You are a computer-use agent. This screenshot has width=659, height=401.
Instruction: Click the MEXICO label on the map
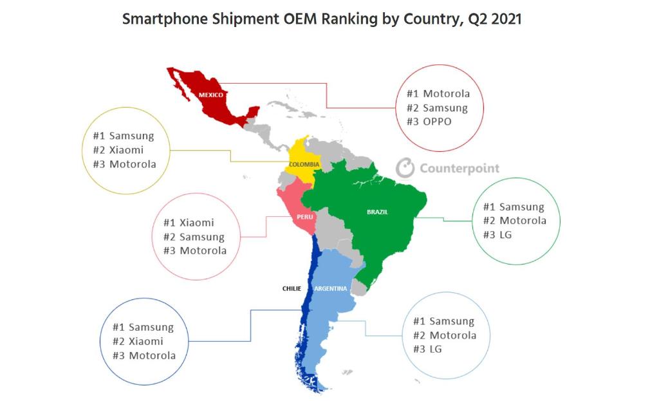click(x=210, y=95)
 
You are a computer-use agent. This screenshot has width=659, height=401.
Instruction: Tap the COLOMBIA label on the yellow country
click(x=304, y=165)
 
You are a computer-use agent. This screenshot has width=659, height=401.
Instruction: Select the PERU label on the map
click(x=304, y=217)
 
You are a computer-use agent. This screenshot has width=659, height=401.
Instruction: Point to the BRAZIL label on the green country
click(x=377, y=212)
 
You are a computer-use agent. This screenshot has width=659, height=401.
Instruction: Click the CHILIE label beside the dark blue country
click(x=292, y=288)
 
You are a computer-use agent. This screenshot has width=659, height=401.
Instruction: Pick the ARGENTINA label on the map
click(x=331, y=288)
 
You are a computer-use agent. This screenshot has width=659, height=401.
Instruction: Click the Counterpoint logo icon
click(x=405, y=168)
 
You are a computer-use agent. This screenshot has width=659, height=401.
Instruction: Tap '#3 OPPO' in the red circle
click(x=429, y=122)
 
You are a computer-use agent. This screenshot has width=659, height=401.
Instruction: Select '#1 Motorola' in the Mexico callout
click(x=438, y=94)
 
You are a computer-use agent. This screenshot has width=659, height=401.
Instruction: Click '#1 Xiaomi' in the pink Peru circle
click(x=189, y=223)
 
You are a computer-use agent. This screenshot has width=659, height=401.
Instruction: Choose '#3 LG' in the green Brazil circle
click(x=497, y=234)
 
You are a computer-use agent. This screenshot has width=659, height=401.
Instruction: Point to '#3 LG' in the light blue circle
click(x=428, y=349)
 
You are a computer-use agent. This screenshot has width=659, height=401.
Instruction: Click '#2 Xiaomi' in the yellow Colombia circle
click(x=118, y=150)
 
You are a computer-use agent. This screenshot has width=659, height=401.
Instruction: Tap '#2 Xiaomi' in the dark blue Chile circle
click(x=138, y=341)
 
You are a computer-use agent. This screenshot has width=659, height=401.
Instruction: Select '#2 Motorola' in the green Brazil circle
click(x=514, y=220)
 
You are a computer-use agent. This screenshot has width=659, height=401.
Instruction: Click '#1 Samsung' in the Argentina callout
click(x=443, y=321)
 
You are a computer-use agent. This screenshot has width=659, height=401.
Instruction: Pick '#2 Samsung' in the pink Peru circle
click(x=194, y=237)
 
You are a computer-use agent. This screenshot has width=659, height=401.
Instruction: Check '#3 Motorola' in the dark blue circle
click(x=144, y=355)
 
